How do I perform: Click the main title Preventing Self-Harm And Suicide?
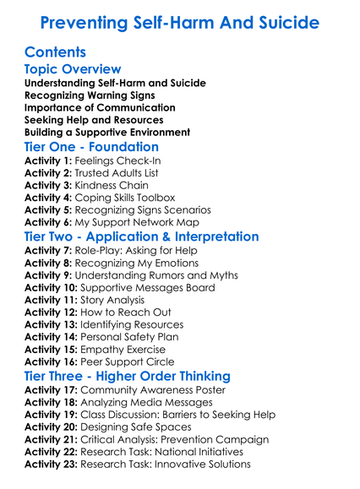coord(180,22)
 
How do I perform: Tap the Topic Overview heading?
coord(73,69)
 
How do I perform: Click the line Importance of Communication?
coord(100,107)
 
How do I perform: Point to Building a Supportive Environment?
coord(107,132)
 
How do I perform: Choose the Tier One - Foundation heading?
coord(91,147)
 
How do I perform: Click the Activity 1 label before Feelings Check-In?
coord(48,160)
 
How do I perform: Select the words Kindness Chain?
coord(112,185)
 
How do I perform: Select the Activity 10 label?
coord(52,288)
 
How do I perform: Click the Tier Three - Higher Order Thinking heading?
coord(128,376)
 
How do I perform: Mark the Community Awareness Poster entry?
coord(155,391)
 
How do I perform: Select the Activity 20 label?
coord(52,427)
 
